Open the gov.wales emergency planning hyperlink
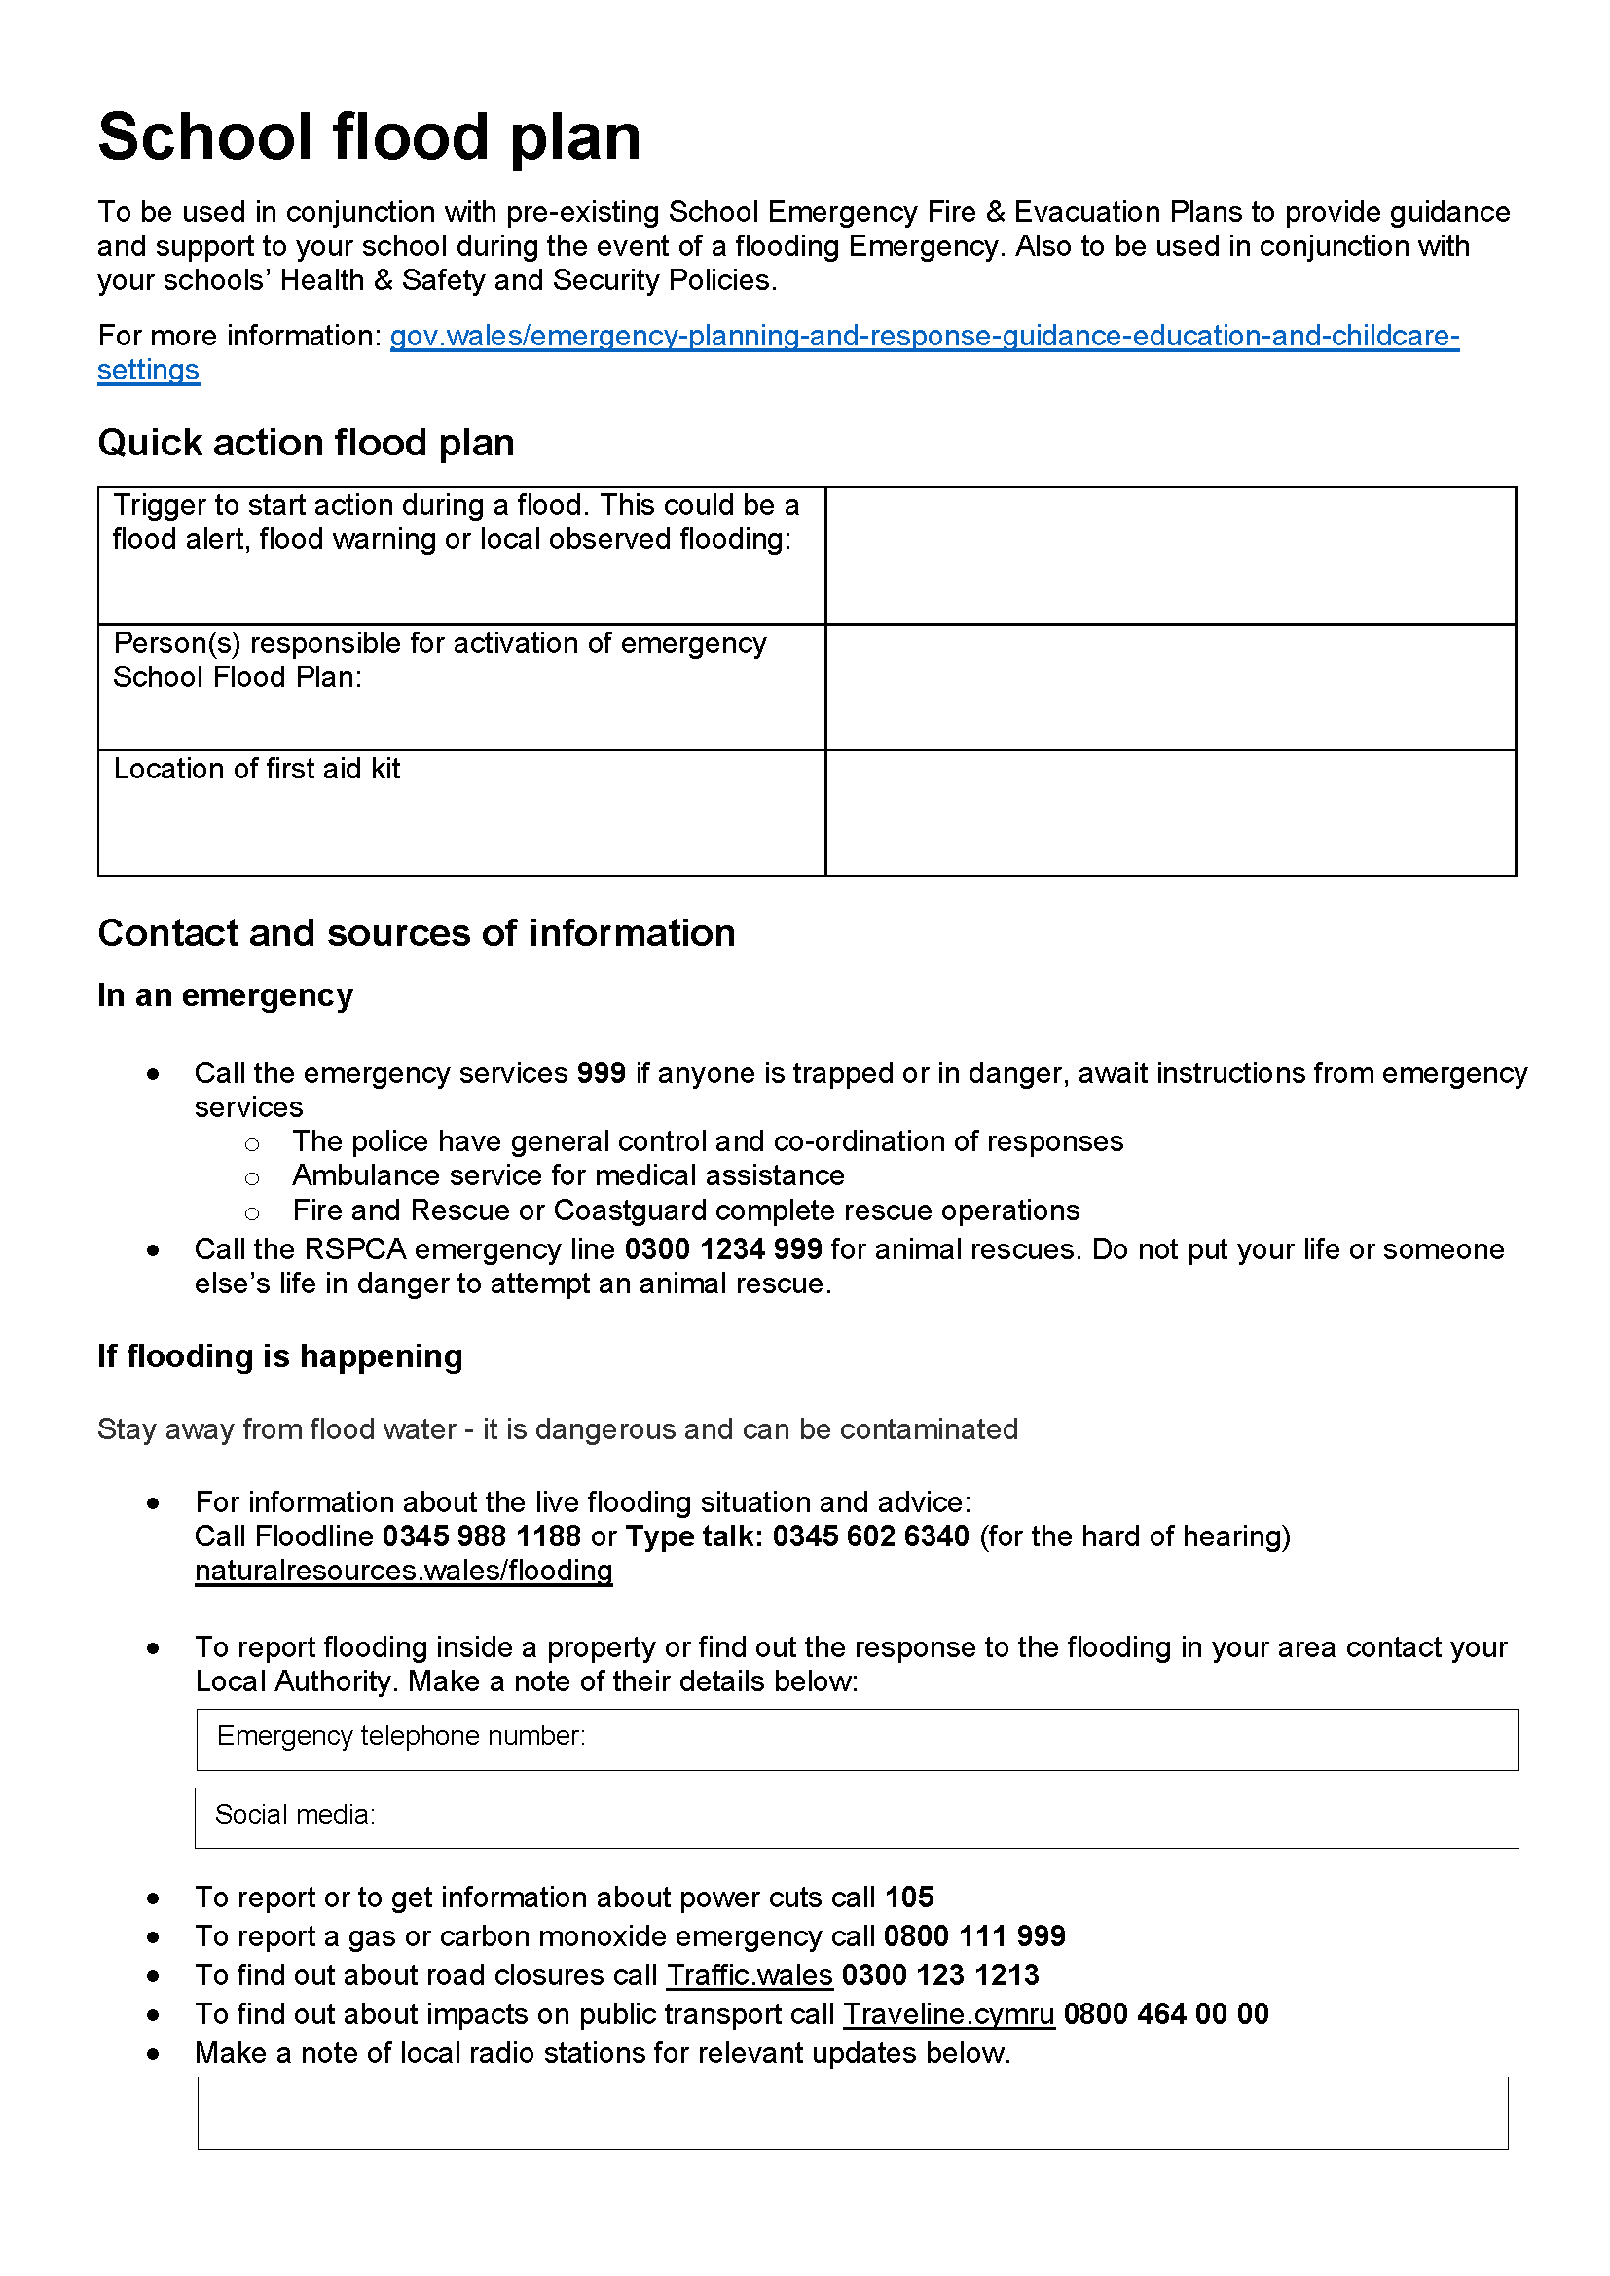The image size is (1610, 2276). (923, 336)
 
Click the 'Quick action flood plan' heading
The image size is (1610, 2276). (306, 442)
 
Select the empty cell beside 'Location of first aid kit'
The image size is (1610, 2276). (1170, 812)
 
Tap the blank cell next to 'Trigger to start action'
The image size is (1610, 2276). (1170, 554)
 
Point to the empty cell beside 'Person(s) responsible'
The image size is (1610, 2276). (1170, 686)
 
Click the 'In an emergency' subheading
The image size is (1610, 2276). (225, 994)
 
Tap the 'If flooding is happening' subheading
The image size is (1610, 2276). (279, 1355)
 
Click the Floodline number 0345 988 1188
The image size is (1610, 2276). (482, 1535)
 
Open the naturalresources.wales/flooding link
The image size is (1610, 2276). (404, 1571)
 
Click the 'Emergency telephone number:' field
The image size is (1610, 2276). (857, 1739)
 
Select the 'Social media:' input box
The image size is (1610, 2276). (857, 1817)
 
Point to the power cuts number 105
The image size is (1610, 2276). (909, 1897)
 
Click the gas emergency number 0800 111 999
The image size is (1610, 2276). (973, 1935)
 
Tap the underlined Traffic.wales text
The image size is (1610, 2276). (749, 1974)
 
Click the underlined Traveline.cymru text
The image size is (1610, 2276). (948, 2013)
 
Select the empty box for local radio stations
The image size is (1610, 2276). (853, 2113)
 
